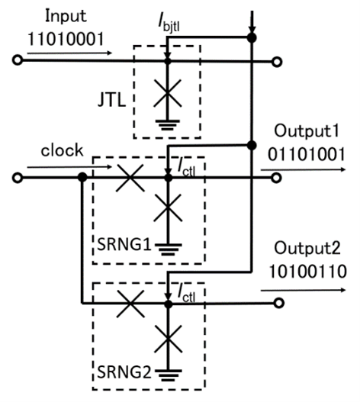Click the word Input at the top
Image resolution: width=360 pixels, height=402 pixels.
coord(66,17)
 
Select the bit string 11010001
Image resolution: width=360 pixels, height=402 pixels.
coord(66,40)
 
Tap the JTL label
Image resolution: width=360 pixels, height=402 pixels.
coord(112,100)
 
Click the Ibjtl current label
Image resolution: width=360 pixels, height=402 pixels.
coord(169,24)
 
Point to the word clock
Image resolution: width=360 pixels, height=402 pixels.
coord(62,150)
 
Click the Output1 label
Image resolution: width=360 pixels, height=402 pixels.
coord(307,131)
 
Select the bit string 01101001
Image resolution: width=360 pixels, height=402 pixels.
coord(306,155)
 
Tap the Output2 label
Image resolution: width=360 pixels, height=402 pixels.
coord(307,249)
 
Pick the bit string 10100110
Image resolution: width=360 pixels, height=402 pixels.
coord(307,272)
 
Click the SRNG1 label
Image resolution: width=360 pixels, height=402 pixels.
coord(124,244)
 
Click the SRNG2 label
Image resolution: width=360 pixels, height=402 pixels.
coord(124,372)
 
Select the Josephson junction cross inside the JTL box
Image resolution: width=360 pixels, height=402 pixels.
coord(168,93)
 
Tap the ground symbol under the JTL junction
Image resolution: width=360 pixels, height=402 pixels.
coord(168,125)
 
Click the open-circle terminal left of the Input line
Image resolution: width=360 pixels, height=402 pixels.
coord(18,60)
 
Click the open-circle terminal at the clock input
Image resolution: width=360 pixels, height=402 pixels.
coord(18,178)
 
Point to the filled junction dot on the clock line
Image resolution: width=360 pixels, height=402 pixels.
coord(82,177)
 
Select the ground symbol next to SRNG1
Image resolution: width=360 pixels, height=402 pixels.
coord(169,249)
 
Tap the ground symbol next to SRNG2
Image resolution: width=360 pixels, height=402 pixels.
coord(169,376)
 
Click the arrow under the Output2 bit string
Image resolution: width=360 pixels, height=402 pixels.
coord(303,290)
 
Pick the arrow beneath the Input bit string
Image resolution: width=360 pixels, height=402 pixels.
coord(69,53)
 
